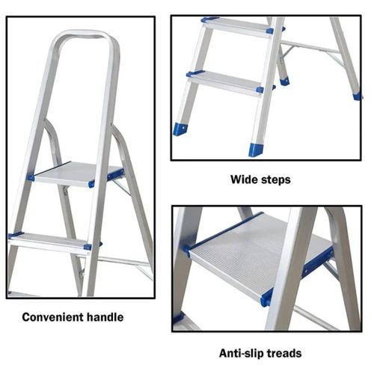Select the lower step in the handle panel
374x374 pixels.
(x=52, y=240)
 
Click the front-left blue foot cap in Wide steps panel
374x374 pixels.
(x=180, y=129)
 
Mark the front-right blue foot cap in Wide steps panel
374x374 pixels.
(x=256, y=149)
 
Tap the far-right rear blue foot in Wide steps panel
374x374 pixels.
(x=357, y=96)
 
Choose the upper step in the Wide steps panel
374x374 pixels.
(x=236, y=25)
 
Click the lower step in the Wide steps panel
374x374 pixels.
(x=224, y=82)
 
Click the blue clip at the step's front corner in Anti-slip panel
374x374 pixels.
(x=266, y=298)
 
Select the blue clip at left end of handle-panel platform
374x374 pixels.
(x=31, y=178)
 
